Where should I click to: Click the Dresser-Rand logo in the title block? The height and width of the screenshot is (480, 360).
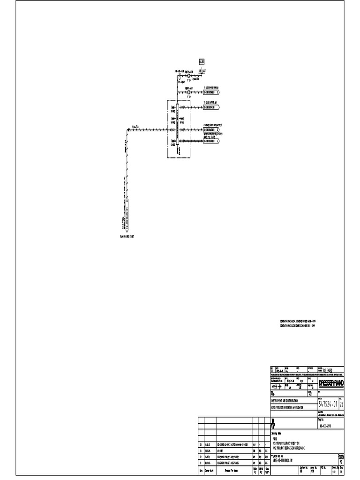(331, 383)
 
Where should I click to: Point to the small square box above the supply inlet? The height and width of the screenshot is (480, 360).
(202, 61)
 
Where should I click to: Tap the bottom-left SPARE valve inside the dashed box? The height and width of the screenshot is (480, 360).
(172, 141)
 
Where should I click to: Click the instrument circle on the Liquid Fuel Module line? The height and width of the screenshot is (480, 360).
(188, 92)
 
